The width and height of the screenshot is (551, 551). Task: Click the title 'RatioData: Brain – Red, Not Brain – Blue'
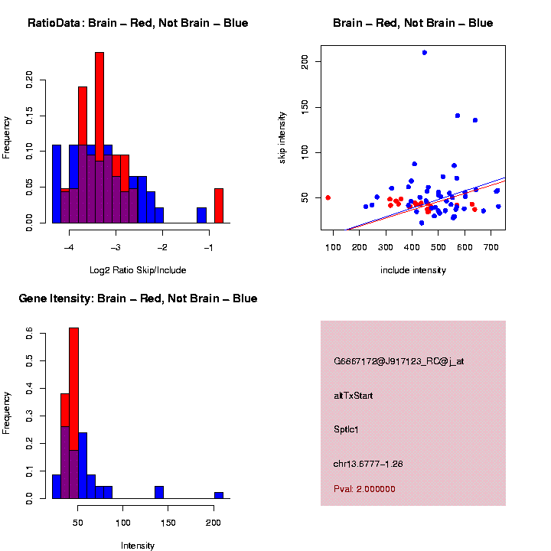[138, 23]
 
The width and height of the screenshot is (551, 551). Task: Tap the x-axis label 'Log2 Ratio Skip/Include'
[138, 270]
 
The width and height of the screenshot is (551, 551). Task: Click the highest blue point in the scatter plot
[425, 52]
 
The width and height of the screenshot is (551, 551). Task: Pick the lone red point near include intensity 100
[328, 197]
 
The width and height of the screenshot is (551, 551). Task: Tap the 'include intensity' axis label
[413, 270]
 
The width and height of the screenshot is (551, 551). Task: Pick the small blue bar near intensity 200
[219, 495]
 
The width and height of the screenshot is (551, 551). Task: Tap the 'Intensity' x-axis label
[138, 546]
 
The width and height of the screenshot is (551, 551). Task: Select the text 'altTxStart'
[353, 396]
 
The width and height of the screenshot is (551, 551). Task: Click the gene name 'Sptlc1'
[346, 429]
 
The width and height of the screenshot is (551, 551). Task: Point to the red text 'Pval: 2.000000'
[364, 488]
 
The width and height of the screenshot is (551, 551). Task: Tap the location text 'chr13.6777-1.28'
[368, 464]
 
